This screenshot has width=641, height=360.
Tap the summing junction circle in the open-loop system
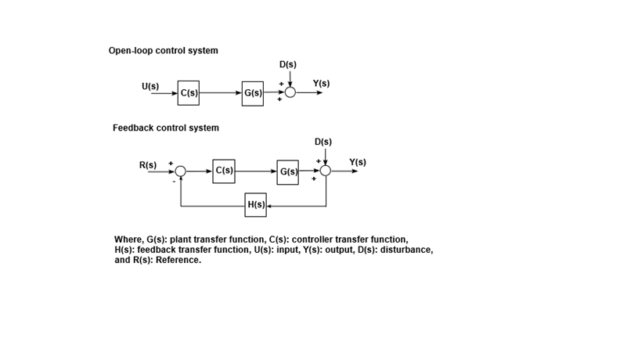point(290,92)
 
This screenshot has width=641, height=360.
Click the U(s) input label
point(150,85)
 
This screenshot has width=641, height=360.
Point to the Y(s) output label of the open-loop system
point(321,83)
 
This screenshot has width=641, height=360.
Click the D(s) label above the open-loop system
point(287,64)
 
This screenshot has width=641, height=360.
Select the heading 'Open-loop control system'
point(163,51)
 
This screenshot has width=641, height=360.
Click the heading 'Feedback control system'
point(166,128)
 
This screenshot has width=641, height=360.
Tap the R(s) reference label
point(147,165)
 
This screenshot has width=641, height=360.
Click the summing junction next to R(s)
point(181,171)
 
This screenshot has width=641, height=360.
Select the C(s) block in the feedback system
point(223,171)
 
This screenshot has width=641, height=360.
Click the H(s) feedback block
point(255,205)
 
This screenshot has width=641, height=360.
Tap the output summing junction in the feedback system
point(326,171)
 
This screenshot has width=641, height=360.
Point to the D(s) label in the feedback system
point(322,142)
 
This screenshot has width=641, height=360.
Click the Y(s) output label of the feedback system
point(357,162)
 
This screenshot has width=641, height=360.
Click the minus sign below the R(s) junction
point(174,182)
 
